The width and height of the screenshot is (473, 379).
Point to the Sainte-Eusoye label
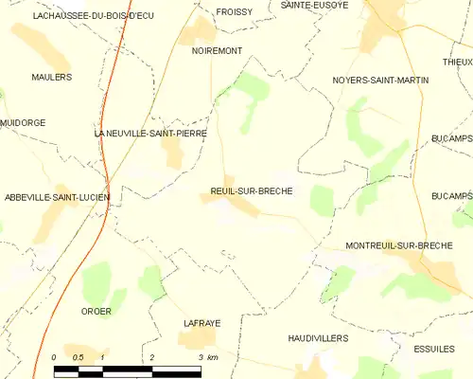pyautogui.click(x=314, y=5)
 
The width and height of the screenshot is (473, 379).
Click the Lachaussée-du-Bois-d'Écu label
pyautogui.click(x=93, y=16)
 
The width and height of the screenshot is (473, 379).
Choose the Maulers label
pyautogui.click(x=51, y=77)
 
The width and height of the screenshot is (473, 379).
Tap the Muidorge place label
pyautogui.click(x=23, y=123)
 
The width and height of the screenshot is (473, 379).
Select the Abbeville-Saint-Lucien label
pyautogui.click(x=57, y=197)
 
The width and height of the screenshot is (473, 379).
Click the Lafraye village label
pyautogui.click(x=201, y=323)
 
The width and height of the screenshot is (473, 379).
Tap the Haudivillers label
pyautogui.click(x=318, y=337)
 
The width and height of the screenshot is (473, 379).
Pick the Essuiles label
pyautogui.click(x=434, y=349)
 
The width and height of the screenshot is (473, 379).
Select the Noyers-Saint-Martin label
pyautogui.click(x=380, y=81)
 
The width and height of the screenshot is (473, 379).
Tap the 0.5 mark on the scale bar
pyautogui.click(x=79, y=357)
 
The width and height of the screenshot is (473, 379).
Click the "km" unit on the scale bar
pyautogui.click(x=214, y=357)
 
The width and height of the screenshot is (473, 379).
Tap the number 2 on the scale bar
pyautogui.click(x=152, y=357)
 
